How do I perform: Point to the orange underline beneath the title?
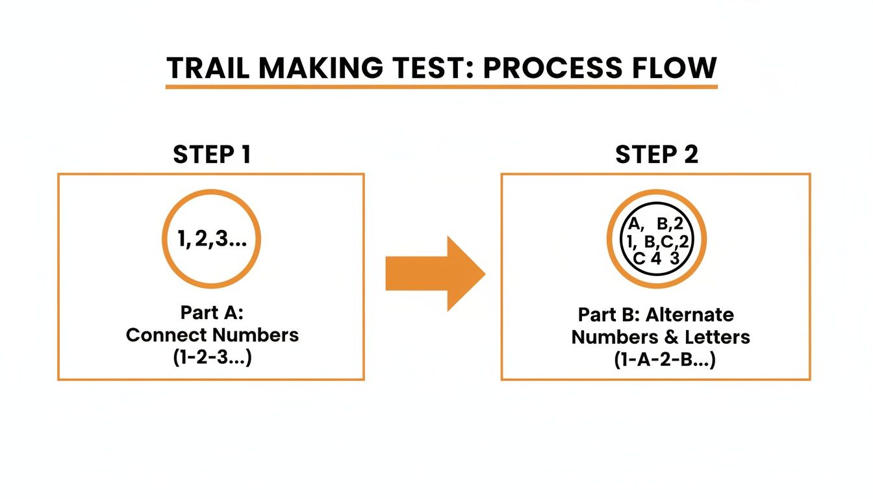coord(441,86)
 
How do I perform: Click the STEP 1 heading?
coord(212,155)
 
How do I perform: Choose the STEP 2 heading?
coord(656,155)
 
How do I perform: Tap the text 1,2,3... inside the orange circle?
coord(211,239)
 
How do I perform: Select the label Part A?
coord(212,313)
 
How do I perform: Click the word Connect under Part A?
coord(166,335)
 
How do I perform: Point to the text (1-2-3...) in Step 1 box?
coord(212,357)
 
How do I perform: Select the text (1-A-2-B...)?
coord(664,359)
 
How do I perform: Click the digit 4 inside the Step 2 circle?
coord(655,258)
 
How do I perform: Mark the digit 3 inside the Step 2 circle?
coord(674,258)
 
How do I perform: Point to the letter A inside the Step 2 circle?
coord(634,225)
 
